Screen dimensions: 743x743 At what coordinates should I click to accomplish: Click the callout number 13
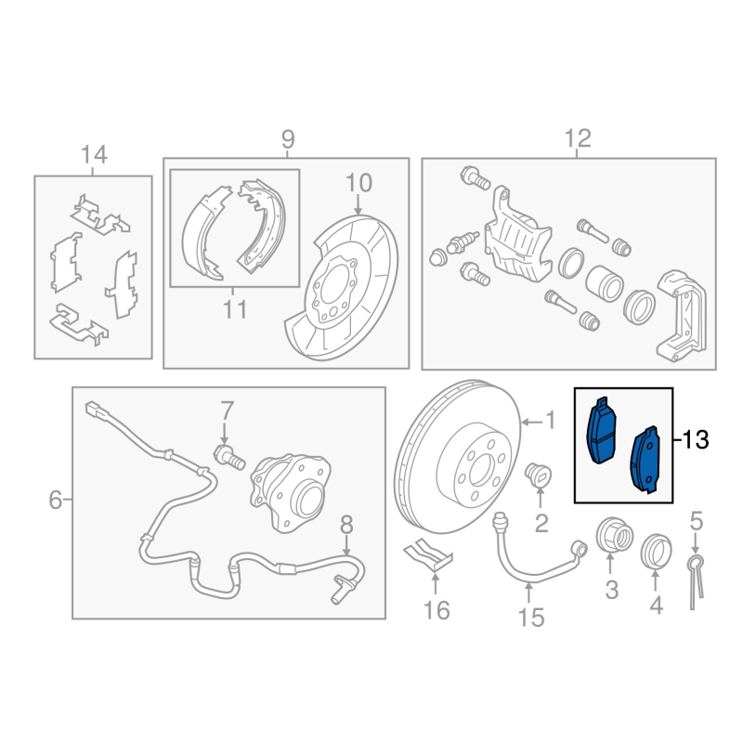pos(696,439)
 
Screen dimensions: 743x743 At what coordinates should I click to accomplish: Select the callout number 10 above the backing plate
pos(358,183)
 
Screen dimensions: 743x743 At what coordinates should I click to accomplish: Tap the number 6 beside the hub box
pos(56,500)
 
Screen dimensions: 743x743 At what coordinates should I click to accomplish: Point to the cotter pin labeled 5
pos(695,581)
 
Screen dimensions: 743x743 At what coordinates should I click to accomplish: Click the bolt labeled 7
pos(229,456)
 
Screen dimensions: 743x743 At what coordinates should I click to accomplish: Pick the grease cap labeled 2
pos(539,475)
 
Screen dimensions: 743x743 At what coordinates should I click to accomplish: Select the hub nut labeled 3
pos(614,535)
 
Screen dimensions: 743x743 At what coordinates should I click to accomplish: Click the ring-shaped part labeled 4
pos(657,551)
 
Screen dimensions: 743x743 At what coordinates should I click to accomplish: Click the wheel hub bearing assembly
pos(290,490)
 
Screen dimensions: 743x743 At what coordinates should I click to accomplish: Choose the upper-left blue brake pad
pos(602,430)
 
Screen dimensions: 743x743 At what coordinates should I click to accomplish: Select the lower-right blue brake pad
pos(645,460)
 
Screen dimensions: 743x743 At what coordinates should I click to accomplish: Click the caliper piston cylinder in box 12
pos(604,283)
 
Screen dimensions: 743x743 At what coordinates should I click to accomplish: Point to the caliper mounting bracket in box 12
pos(682,316)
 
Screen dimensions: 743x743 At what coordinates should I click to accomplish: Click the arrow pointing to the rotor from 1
pos(531,422)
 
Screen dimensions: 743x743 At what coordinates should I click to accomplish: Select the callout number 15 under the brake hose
pos(531,618)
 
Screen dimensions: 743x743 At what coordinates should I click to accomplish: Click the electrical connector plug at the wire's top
pos(97,410)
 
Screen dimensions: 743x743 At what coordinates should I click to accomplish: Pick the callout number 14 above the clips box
pos(94,154)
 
